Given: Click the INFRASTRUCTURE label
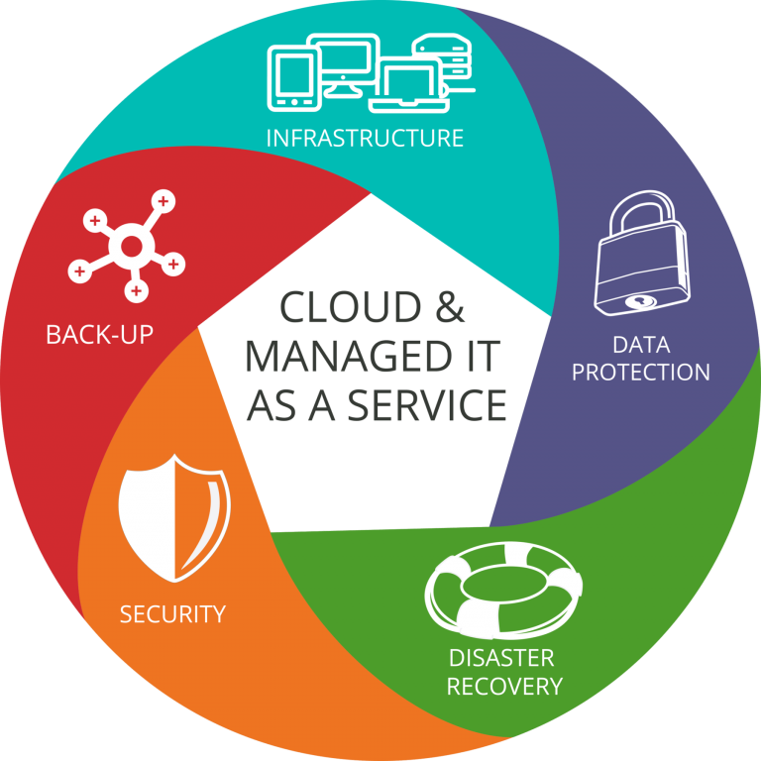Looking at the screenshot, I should [364, 137].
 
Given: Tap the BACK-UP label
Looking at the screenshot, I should [99, 334].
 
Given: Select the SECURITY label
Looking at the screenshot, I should [172, 614].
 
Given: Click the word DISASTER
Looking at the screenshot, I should [501, 658].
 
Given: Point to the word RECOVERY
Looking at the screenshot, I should [504, 686].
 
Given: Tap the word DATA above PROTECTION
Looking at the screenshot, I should [641, 346].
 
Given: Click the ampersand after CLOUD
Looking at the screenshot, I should [450, 307].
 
